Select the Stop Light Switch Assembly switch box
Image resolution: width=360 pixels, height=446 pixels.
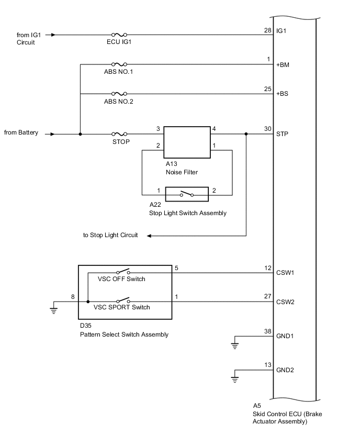[x=187, y=194]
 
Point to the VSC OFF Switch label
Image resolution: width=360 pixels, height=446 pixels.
[x=121, y=279]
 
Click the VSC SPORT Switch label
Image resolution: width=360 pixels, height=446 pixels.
[x=124, y=307]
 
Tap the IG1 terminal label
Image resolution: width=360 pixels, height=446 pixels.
[x=282, y=31]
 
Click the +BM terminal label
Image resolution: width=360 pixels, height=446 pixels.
[x=283, y=66]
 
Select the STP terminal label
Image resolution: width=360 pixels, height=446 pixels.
[x=282, y=134]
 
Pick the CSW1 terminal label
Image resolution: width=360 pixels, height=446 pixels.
[x=285, y=273]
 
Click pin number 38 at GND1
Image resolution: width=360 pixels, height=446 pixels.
[x=268, y=331]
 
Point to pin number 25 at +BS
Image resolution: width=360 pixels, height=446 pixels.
[x=268, y=89]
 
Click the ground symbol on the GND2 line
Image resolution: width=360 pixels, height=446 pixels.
[x=235, y=378]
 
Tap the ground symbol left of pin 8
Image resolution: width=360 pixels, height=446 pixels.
[x=53, y=309]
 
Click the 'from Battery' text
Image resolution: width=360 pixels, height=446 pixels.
[x=21, y=133]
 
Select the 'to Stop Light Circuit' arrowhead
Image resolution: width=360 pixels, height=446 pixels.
[x=149, y=236]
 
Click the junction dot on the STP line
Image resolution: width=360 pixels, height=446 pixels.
[x=246, y=134]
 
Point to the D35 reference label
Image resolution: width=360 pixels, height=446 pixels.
[x=85, y=326]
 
